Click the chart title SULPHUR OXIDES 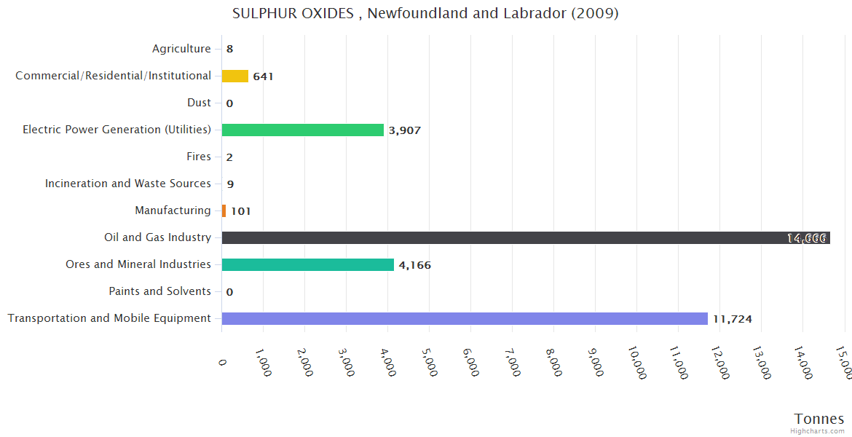425,14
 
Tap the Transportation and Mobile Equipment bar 465,318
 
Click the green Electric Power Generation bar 302,130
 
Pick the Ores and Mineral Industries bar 307,264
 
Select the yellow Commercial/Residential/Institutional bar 234,76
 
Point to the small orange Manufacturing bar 224,210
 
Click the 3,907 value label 405,130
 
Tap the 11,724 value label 732,319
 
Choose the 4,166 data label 415,265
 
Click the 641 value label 263,76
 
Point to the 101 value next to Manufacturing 241,211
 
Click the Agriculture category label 181,49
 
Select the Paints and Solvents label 159,291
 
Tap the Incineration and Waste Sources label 128,184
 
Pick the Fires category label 199,157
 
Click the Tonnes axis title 819,419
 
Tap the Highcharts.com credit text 819,431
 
